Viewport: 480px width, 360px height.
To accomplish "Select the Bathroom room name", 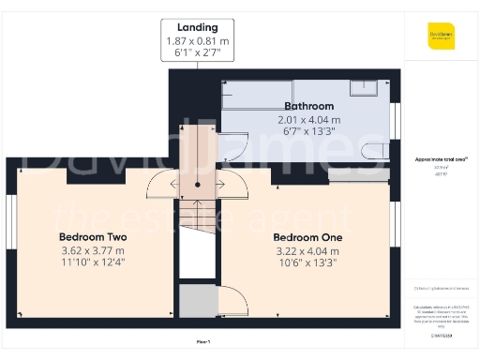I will pyautogui.click(x=308, y=107).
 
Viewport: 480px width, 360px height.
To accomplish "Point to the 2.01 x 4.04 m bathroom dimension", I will pyautogui.click(x=308, y=121).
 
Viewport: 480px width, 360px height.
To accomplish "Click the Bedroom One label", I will pyautogui.click(x=307, y=237).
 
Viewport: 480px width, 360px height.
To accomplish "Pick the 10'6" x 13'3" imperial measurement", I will pyautogui.click(x=307, y=263).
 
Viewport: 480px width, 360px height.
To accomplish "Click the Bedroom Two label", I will pyautogui.click(x=92, y=237).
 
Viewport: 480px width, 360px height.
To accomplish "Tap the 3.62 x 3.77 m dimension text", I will pyautogui.click(x=92, y=250).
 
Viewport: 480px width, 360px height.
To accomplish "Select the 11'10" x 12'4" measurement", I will pyautogui.click(x=92, y=263).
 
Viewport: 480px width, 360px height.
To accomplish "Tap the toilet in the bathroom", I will pyautogui.click(x=374, y=151).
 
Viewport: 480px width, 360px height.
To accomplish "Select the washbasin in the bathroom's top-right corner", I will pyautogui.click(x=365, y=87).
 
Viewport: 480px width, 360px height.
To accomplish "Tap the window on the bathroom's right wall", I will pyautogui.click(x=395, y=121).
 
